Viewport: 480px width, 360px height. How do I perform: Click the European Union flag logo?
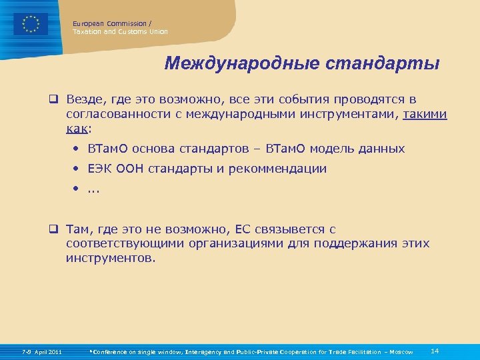click(31, 24)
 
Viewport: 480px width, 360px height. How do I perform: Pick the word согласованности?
click(113, 114)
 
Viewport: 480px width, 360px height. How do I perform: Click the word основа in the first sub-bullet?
click(156, 149)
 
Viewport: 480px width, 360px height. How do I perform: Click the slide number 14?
click(435, 351)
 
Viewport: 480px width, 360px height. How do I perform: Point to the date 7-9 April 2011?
click(41, 351)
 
